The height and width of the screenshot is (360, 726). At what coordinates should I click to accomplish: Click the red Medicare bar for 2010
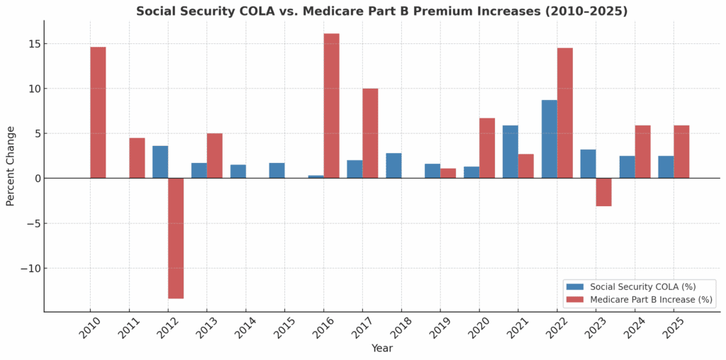click(98, 112)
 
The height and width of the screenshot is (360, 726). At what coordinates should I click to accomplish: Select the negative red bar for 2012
click(176, 238)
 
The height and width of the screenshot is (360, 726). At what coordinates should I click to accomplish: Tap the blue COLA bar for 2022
click(549, 139)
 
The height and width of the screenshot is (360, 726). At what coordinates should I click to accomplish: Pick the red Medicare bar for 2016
click(331, 106)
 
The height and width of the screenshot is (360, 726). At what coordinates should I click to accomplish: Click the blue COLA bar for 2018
click(393, 166)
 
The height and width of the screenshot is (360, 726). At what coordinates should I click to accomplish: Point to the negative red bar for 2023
click(603, 192)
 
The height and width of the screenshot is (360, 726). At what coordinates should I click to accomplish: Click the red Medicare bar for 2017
click(370, 133)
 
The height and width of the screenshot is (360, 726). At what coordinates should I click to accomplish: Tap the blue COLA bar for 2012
click(160, 162)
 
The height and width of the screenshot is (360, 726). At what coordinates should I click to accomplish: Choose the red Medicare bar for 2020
click(487, 148)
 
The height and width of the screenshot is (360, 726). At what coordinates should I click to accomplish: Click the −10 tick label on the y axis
click(26, 269)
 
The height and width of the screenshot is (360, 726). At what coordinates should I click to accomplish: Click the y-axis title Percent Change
click(11, 166)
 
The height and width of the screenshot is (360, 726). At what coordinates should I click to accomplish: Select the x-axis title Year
click(381, 349)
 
